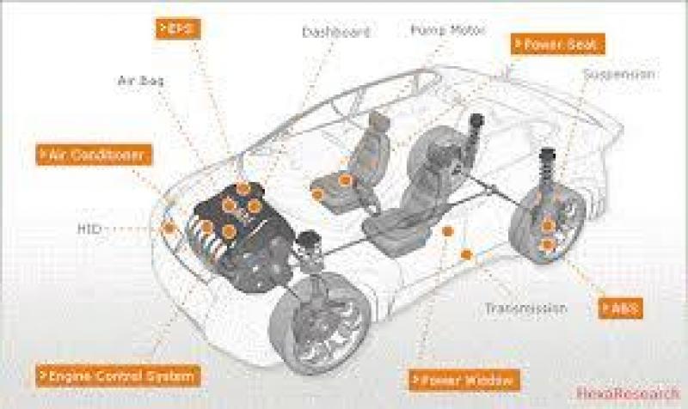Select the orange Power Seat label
tap(558, 44)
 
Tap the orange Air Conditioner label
tap(95, 155)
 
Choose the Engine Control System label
tap(119, 375)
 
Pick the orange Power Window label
tap(465, 378)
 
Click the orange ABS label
tap(621, 307)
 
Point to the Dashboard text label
tap(335, 33)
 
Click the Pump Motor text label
tap(446, 30)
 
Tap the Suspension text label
tap(619, 74)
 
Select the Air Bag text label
tap(140, 82)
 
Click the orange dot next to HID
tap(169, 227)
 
